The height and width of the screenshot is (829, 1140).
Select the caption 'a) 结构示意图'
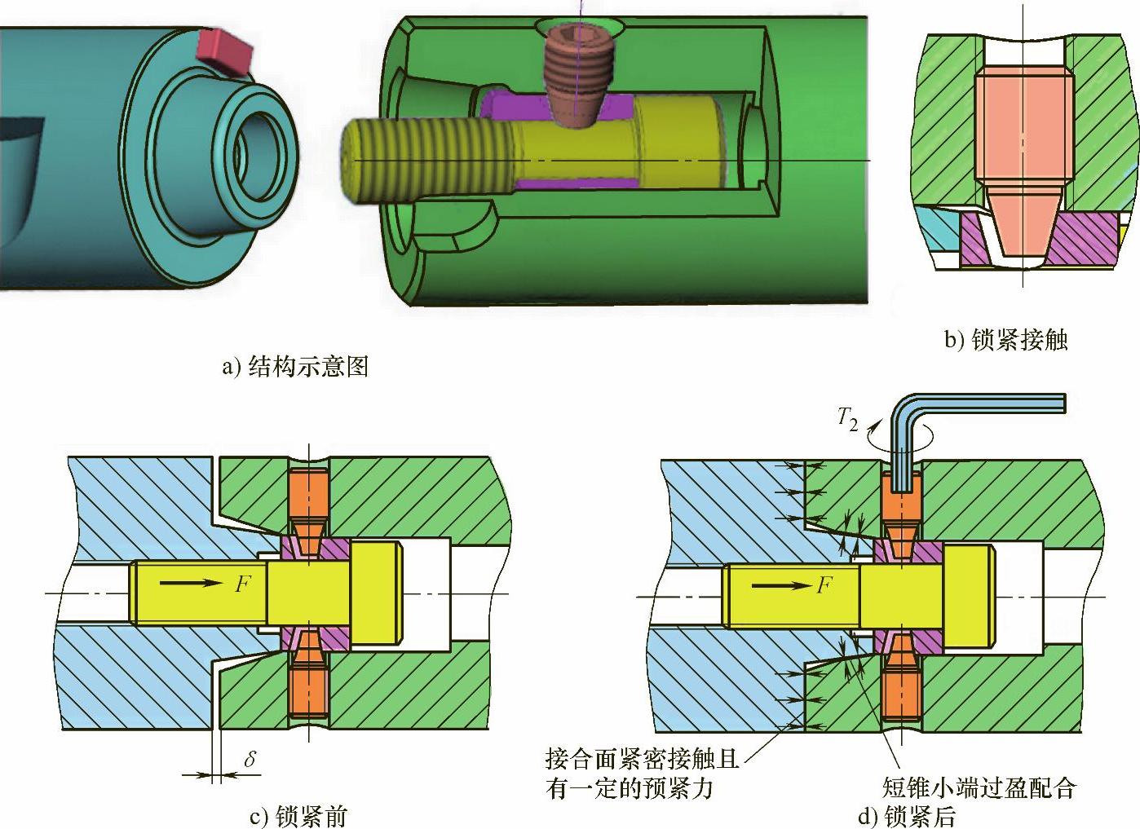tap(295, 367)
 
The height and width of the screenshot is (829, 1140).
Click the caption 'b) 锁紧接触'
tap(1005, 340)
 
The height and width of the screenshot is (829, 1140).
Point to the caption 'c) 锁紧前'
tap(298, 816)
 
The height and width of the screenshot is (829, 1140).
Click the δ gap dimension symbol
tap(250, 759)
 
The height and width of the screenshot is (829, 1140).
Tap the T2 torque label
tap(848, 420)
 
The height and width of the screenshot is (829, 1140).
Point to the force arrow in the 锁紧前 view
tap(192, 582)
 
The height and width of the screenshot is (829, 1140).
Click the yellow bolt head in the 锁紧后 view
tap(967, 596)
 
